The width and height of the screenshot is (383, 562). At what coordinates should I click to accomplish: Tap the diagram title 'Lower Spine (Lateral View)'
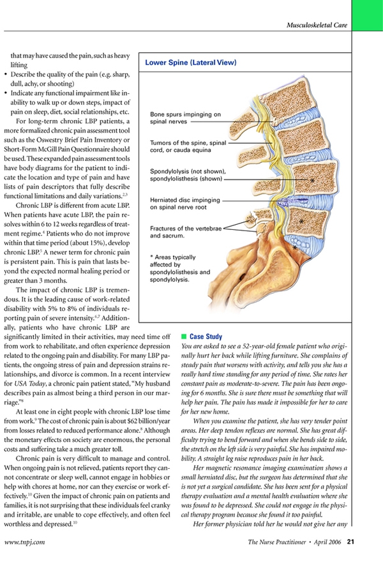pos(190,63)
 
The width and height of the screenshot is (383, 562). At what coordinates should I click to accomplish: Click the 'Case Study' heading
pos(206,335)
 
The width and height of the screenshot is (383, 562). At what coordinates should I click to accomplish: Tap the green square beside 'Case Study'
pos(184,335)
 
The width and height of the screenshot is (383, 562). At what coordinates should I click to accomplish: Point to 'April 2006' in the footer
pos(326,542)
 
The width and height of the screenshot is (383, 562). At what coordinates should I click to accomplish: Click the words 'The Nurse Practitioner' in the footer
pos(276,542)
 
